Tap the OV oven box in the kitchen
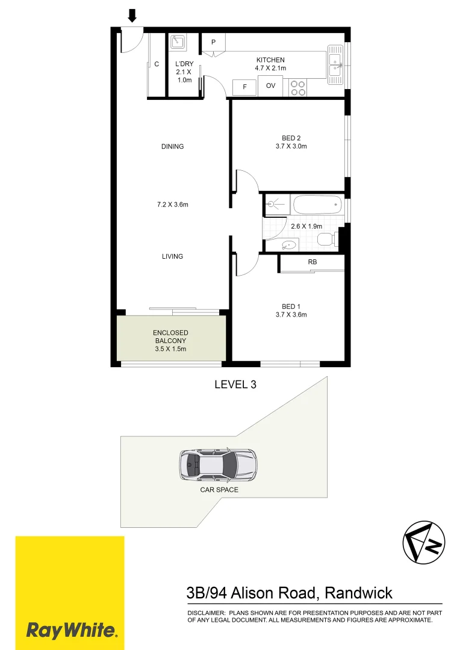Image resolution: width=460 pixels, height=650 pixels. [271, 86]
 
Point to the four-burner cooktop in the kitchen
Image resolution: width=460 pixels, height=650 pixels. [297, 88]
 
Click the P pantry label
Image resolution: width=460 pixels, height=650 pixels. [213, 43]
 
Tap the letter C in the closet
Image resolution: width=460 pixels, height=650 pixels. [157, 64]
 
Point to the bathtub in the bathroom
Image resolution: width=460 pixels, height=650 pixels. [317, 205]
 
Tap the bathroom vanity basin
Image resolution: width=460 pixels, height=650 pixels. [289, 244]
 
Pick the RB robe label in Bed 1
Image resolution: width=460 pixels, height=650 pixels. [312, 262]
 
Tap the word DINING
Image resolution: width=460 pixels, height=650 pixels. [172, 147]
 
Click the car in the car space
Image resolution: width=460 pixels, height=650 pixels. [217, 465]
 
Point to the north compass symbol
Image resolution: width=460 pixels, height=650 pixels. [423, 542]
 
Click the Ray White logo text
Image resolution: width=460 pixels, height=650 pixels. [70, 630]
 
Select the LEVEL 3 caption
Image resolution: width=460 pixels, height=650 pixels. [235, 385]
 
